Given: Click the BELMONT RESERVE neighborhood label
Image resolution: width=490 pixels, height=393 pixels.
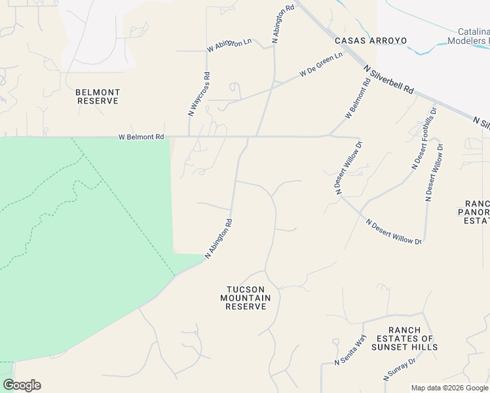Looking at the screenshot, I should click(98, 97).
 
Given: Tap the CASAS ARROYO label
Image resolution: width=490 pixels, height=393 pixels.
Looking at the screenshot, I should click(371, 41).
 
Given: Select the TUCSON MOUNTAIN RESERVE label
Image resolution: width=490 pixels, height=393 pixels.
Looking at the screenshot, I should click(246, 298).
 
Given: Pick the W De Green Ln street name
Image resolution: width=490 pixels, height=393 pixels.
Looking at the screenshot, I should click(321, 65).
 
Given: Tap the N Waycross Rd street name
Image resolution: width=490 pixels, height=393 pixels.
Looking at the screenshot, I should click(199, 94).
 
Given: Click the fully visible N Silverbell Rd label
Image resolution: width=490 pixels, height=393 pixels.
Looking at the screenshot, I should click(390, 79).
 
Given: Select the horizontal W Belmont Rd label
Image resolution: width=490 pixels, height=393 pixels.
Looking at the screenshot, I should click(141, 138).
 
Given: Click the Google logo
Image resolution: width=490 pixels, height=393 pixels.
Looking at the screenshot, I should click(22, 385).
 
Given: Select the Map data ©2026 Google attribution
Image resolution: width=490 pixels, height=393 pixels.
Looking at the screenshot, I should click(450, 388).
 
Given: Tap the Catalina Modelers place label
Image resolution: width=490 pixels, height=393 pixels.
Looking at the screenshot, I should click(469, 36).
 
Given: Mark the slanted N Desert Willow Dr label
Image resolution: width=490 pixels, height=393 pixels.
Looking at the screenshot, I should click(394, 232).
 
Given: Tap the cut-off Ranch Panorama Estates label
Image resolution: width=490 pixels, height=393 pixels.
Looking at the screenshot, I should click(477, 212).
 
